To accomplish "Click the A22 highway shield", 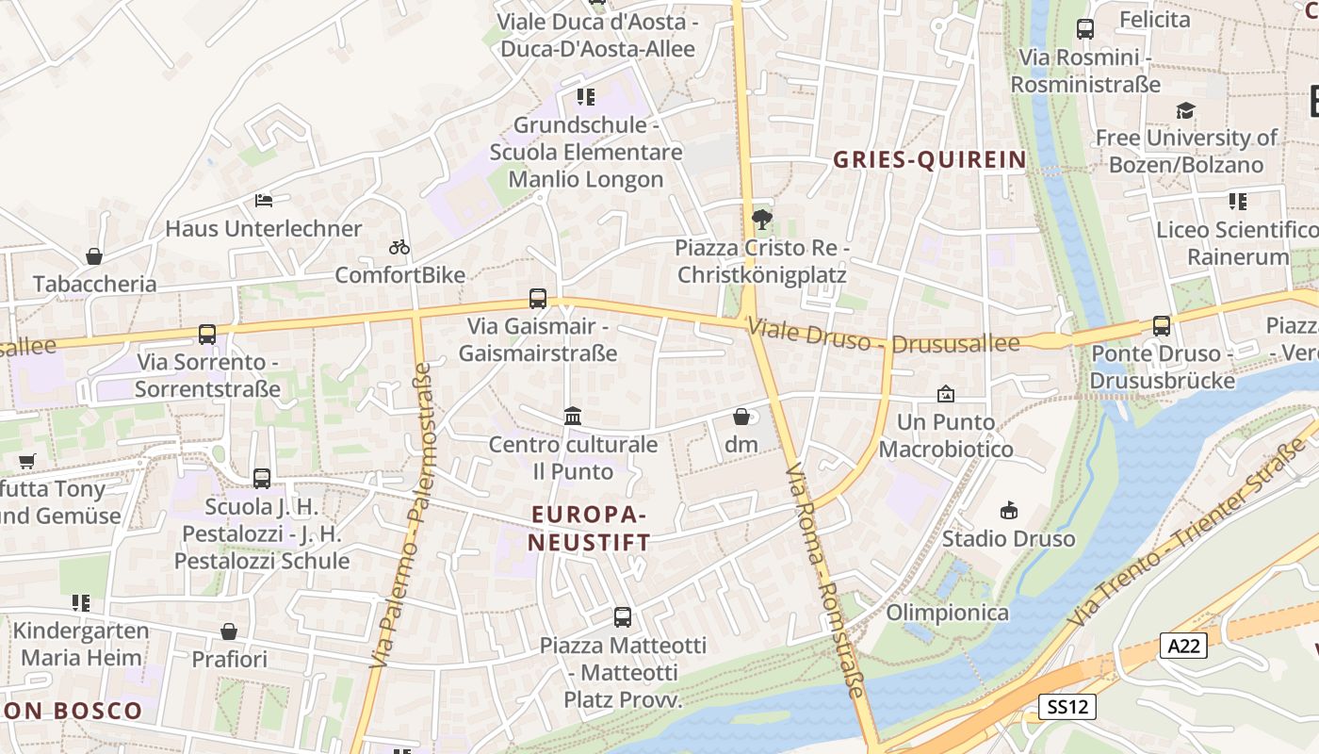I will click(1183, 646).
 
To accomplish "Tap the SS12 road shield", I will click(1067, 706).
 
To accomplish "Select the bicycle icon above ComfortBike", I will click(399, 247).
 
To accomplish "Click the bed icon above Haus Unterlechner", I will click(264, 200).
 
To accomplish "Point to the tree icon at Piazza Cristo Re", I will click(761, 220).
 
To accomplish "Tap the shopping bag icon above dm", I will click(741, 416).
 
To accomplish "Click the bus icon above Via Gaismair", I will click(538, 299).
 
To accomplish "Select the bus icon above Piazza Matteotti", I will click(623, 617).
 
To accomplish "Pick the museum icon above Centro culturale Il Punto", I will click(573, 416).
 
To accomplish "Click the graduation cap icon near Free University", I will click(1185, 110).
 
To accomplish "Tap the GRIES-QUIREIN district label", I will click(929, 159).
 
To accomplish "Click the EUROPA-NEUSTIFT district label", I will click(589, 529).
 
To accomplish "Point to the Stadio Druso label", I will click(1008, 539).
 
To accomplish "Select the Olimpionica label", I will click(948, 613).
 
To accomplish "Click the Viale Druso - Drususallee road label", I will click(884, 337).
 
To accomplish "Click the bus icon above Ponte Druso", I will click(1162, 326).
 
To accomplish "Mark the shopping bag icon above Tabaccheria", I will click(94, 255).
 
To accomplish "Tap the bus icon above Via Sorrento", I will click(207, 334).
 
